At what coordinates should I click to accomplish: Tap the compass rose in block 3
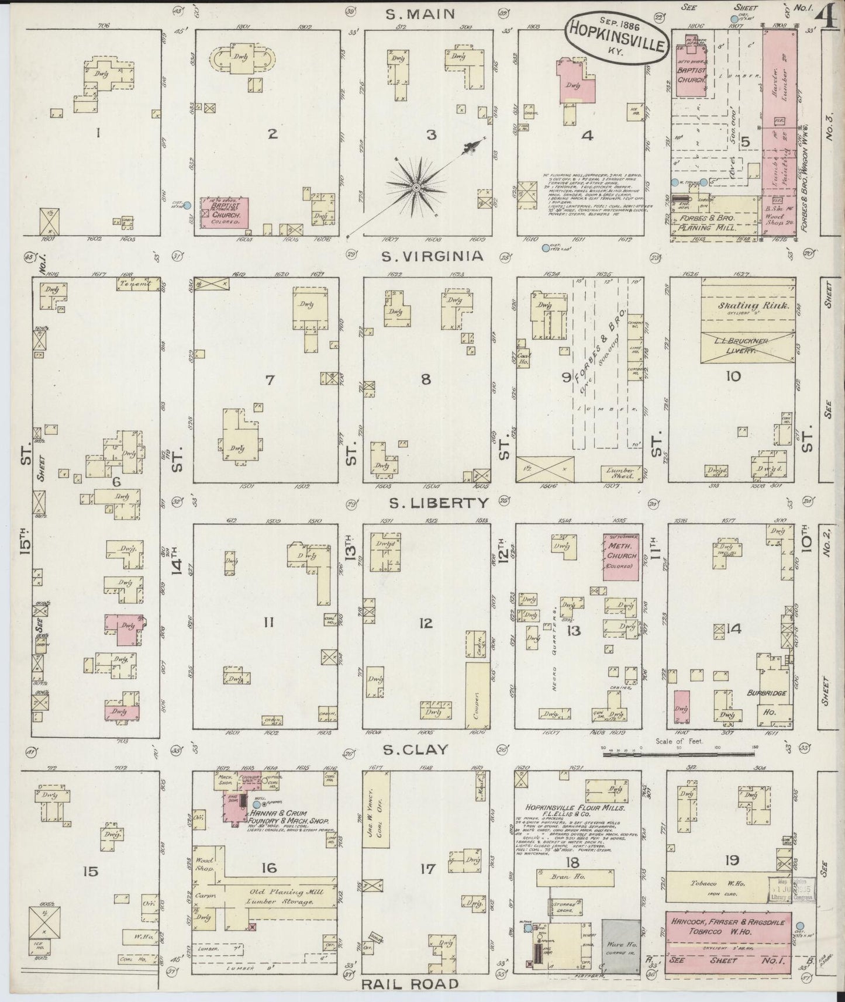click(x=416, y=188)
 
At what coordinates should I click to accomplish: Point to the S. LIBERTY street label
click(x=432, y=503)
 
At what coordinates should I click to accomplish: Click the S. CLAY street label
click(x=416, y=749)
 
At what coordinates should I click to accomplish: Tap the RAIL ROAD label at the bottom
click(x=409, y=984)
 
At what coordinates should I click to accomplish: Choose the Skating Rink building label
click(x=747, y=306)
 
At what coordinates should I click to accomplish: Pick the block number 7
click(x=270, y=380)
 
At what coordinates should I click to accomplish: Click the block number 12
click(x=426, y=623)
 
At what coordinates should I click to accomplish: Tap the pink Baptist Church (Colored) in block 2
click(x=225, y=212)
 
